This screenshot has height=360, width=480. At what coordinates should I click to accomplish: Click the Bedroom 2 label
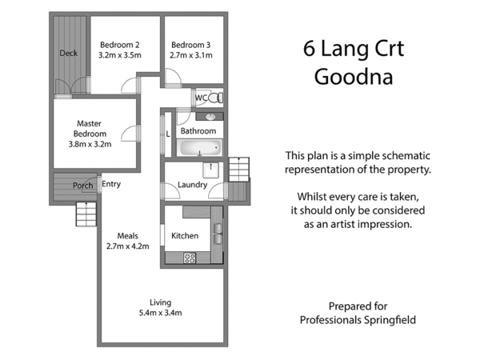point(119,44)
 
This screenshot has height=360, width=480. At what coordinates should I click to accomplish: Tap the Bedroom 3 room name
point(191,44)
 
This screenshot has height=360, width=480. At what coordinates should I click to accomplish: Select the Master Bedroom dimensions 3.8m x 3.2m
point(90,145)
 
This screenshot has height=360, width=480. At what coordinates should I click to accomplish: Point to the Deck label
point(68,54)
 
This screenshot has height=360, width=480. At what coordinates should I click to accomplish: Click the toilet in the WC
point(214,98)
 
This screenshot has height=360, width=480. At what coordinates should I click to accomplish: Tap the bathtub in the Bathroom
point(198,148)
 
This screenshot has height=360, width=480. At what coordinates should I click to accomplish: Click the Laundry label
point(192,185)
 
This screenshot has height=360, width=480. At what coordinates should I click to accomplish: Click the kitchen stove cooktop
point(190,258)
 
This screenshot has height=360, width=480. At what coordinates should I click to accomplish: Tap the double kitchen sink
point(217,232)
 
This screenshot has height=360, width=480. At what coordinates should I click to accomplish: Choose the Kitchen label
point(185,236)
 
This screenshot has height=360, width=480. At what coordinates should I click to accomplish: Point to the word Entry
point(111,185)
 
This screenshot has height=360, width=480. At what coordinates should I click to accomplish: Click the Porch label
point(82,186)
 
